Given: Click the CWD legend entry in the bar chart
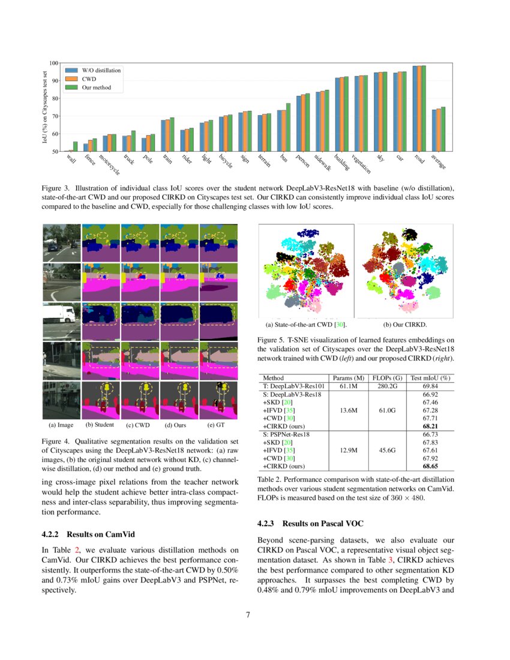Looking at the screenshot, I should click(x=88, y=79).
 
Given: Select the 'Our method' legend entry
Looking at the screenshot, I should click(x=96, y=88).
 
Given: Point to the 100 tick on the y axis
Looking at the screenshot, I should click(x=53, y=63).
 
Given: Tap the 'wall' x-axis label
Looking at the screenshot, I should click(x=71, y=159).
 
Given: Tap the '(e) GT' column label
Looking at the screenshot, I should click(x=215, y=425).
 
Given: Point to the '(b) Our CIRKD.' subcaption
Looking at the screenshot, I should click(x=405, y=325).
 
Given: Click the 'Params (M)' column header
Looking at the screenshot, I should click(x=349, y=378).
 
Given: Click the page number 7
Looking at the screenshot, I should click(x=248, y=615).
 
